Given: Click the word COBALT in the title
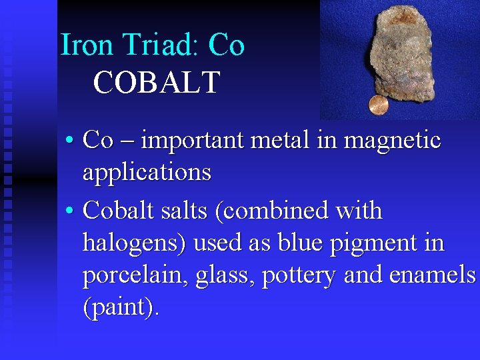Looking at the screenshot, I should (x=157, y=83).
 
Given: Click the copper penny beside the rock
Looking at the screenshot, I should (x=379, y=105).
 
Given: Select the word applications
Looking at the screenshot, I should (x=147, y=173).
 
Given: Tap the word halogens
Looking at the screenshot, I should (x=135, y=242).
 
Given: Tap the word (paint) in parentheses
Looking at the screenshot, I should (x=121, y=307).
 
